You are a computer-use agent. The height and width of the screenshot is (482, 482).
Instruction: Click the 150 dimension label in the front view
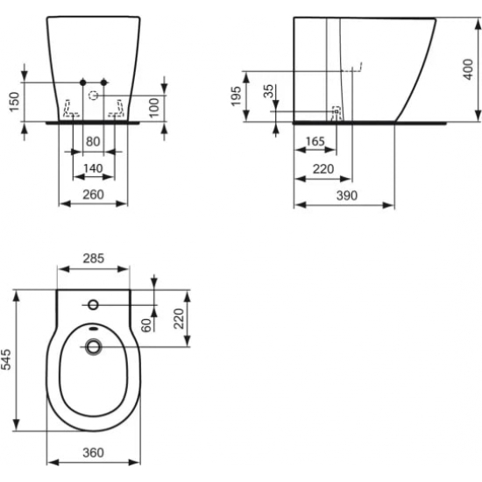tap(12, 102)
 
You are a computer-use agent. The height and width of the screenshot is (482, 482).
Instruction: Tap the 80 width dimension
tap(93, 139)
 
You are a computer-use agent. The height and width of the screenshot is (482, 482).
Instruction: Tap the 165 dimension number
tap(315, 140)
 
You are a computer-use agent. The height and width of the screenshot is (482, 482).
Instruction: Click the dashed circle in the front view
tap(95, 93)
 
